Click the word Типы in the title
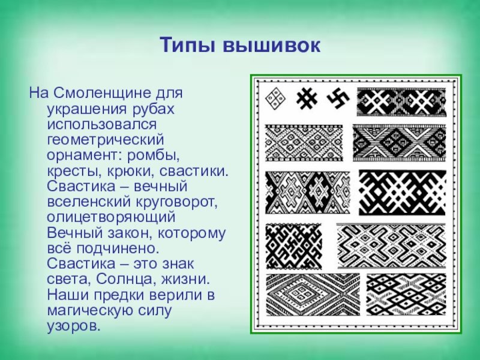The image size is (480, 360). click(188, 46)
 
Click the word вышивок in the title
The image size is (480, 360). click(272, 46)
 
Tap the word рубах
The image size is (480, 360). click(154, 109)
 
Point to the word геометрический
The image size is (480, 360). click(106, 140)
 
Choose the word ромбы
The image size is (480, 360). click(153, 155)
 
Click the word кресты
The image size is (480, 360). click(74, 171)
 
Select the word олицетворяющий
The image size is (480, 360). click(111, 217)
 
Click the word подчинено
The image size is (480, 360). click(118, 248)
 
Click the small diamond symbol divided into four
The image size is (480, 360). click(275, 98)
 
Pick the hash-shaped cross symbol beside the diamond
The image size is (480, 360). click(307, 98)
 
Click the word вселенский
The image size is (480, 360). click(88, 202)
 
